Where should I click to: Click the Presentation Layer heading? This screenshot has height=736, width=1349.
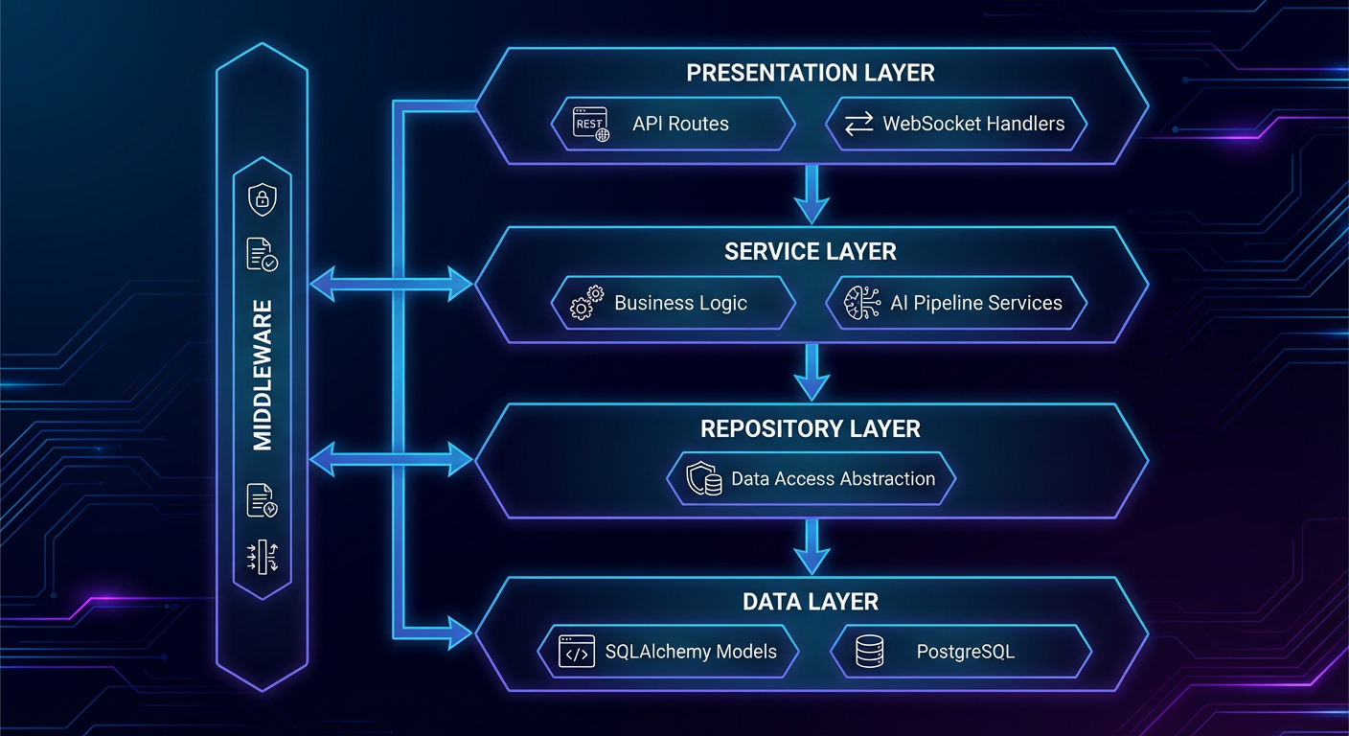(811, 73)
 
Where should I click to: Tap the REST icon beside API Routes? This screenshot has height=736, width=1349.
(590, 124)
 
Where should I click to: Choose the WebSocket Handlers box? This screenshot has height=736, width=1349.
(956, 124)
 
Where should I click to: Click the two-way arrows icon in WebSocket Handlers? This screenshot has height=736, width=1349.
(858, 124)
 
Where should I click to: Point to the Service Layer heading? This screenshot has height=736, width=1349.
(811, 252)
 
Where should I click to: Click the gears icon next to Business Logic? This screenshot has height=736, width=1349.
(586, 303)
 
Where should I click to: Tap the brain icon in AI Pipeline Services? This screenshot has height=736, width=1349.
(861, 303)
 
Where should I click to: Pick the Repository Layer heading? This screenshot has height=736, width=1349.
(811, 428)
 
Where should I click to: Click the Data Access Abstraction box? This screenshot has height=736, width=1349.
(812, 478)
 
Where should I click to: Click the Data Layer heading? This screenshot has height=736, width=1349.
(811, 602)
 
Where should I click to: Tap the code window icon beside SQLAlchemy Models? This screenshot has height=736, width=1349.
(577, 653)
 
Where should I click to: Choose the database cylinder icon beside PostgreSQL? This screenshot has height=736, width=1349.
(870, 653)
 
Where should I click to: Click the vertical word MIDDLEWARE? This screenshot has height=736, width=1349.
(263, 375)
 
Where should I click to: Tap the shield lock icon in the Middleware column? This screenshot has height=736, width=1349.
(262, 199)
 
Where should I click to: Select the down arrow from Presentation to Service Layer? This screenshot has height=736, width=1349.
(812, 194)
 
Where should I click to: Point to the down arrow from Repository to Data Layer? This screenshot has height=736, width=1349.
(812, 547)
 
